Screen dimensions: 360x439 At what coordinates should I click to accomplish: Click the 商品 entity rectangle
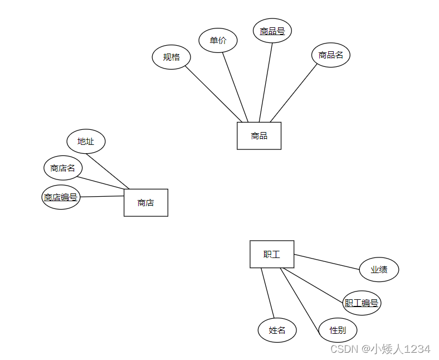click(x=258, y=135)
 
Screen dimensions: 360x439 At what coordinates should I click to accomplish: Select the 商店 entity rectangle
click(x=145, y=202)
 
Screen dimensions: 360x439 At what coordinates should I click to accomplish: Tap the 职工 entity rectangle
click(x=271, y=254)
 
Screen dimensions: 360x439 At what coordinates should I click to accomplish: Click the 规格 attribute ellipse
click(x=171, y=57)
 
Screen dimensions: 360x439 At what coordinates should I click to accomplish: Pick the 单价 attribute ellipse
click(x=218, y=40)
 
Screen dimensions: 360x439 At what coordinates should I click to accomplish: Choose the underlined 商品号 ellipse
click(x=272, y=31)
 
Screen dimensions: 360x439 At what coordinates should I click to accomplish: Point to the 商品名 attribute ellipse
click(x=330, y=55)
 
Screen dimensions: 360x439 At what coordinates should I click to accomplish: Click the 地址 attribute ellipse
click(x=86, y=141)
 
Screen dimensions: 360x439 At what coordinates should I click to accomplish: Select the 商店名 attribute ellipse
click(x=62, y=168)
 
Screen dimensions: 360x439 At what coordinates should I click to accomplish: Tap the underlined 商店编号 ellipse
click(x=61, y=197)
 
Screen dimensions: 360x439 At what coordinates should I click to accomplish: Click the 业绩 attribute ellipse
click(x=379, y=269)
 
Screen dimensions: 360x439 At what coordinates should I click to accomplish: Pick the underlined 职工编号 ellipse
click(x=362, y=303)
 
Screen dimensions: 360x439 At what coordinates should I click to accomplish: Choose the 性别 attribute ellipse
click(x=338, y=330)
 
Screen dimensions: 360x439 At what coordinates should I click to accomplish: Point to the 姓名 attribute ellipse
click(x=277, y=330)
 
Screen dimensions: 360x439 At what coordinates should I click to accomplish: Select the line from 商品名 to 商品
click(x=294, y=93)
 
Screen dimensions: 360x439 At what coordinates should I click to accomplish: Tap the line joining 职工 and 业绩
click(x=326, y=262)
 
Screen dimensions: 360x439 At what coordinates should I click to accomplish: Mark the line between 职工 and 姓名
click(x=267, y=293)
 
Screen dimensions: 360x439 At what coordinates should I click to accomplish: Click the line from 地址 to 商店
click(x=108, y=171)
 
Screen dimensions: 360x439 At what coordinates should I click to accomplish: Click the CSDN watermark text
click(x=380, y=349)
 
